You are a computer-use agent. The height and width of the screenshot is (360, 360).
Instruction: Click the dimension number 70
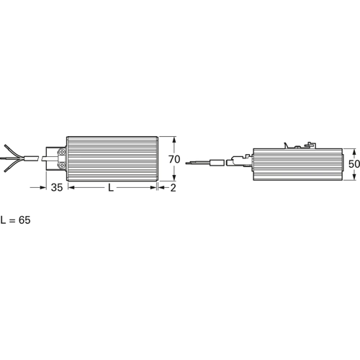(174, 159)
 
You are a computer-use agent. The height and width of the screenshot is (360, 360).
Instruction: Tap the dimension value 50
(354, 164)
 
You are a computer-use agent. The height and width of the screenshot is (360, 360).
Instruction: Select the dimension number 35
(57, 188)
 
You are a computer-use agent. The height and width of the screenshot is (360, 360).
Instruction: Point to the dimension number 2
(174, 188)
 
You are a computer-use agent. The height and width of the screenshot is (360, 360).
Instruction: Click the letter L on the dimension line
(111, 188)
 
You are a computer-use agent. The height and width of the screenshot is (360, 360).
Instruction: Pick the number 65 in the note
(24, 220)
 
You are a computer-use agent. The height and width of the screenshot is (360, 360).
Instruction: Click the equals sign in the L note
(12, 220)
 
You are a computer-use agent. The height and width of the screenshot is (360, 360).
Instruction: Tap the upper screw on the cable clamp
(62, 152)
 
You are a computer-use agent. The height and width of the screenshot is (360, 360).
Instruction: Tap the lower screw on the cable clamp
(62, 165)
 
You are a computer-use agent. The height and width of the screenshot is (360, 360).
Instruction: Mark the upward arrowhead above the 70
(174, 140)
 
